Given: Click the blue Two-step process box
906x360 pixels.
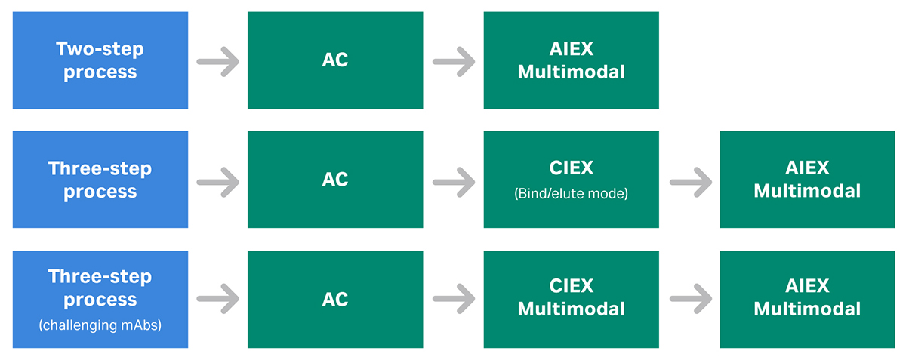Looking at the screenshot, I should (x=100, y=60).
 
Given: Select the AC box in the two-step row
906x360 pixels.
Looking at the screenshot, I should (x=335, y=60).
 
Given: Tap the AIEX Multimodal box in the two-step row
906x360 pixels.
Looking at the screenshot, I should (x=571, y=60).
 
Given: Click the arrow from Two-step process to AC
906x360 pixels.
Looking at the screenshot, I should (x=218, y=61).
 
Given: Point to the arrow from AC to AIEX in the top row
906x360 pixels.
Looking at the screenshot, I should (x=454, y=61).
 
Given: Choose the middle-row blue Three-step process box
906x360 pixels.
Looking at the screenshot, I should (x=100, y=180).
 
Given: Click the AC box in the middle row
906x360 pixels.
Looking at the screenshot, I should (x=335, y=180).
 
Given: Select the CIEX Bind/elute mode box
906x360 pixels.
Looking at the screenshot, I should (x=571, y=180).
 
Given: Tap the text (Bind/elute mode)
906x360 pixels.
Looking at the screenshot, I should (x=571, y=194).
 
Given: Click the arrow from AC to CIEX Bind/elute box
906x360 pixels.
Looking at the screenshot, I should (x=454, y=180).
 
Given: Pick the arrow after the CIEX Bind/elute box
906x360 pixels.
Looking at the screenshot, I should (x=690, y=180).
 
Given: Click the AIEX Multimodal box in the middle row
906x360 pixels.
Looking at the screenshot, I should (x=807, y=180).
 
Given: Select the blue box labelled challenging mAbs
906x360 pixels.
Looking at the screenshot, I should (x=100, y=300).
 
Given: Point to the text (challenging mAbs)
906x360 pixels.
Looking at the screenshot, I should (x=100, y=326).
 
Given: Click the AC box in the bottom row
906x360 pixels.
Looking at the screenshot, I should (x=335, y=300).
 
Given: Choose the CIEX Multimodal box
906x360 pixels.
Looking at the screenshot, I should (x=571, y=300).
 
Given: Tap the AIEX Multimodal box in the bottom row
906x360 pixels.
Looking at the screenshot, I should (x=807, y=300).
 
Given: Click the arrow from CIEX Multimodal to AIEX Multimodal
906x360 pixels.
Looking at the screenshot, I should (x=690, y=300).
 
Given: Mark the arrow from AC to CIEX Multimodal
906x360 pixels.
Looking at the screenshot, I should (x=454, y=300).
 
